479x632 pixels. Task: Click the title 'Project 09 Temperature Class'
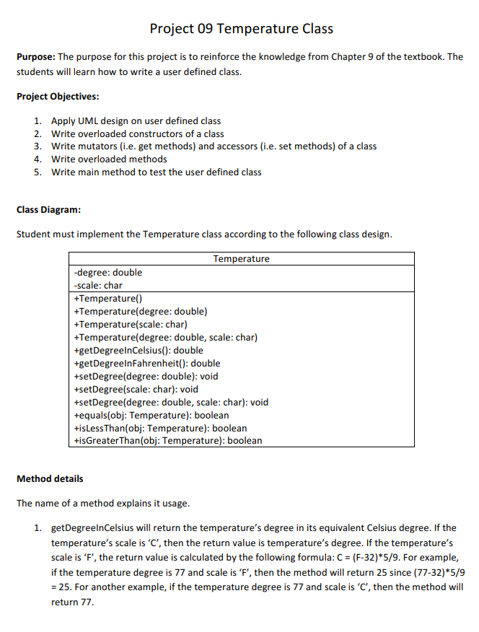(241, 29)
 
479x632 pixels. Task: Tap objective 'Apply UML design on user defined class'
(136, 120)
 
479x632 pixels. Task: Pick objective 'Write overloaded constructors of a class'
(137, 133)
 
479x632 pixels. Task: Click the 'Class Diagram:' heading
(48, 210)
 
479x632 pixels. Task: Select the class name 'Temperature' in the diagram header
(241, 259)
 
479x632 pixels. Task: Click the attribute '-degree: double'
(108, 272)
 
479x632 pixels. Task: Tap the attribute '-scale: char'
(98, 286)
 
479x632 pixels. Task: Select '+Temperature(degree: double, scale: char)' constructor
(166, 338)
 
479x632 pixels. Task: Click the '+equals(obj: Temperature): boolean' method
(151, 415)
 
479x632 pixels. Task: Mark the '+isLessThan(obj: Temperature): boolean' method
(160, 428)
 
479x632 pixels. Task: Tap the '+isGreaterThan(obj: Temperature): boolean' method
(168, 440)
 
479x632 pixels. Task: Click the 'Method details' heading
(50, 478)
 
